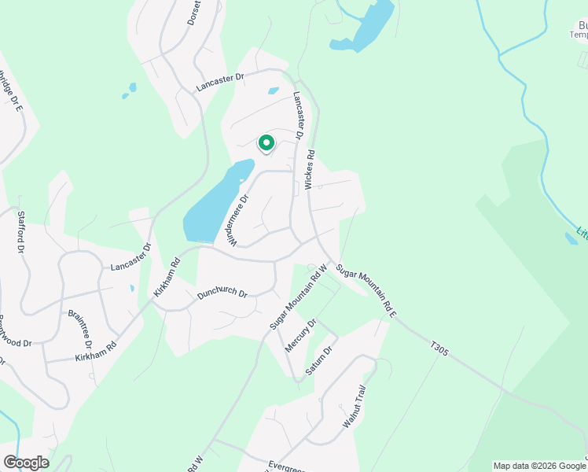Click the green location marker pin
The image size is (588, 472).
(266, 143)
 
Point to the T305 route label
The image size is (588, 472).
(439, 348)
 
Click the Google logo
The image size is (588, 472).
(26, 463)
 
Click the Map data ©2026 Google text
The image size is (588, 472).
(539, 466)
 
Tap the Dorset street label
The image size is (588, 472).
(194, 13)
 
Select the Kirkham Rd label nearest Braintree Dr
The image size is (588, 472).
(96, 352)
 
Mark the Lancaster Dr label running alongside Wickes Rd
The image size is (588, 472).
(300, 115)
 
